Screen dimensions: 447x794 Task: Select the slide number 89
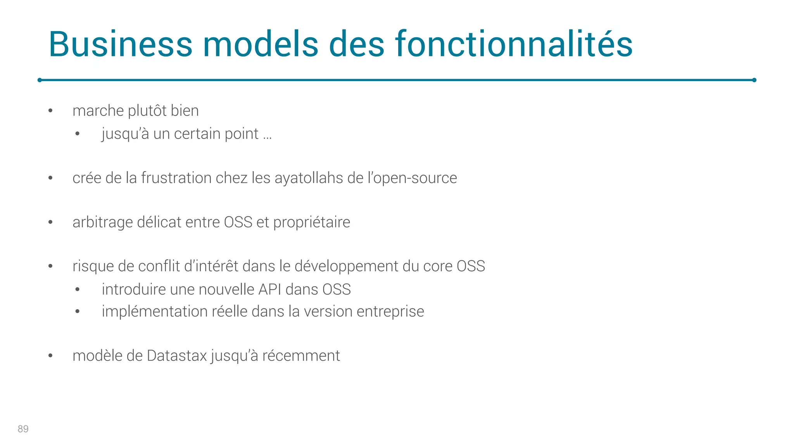point(23,429)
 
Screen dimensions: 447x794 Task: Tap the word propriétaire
point(311,222)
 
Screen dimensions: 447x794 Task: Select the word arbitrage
point(103,222)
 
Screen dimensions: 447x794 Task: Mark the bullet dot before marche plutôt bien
point(50,111)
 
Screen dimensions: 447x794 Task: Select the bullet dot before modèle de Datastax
point(50,356)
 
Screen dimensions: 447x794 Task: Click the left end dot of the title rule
point(40,80)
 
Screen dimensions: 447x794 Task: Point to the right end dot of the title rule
point(754,80)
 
